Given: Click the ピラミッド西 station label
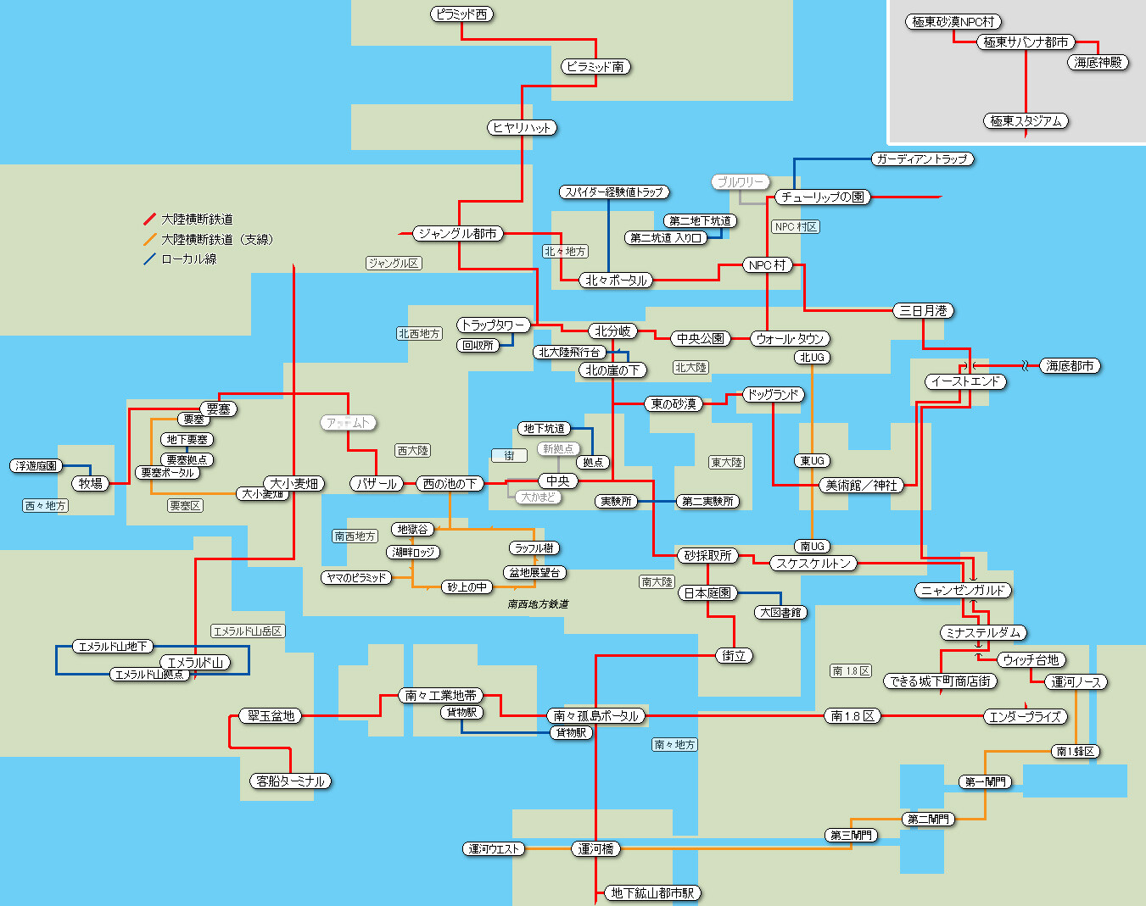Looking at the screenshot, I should coord(461,14).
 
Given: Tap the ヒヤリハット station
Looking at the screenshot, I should coord(523,127).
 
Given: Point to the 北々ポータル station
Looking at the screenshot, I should coord(616,280).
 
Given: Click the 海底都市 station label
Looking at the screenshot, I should coord(1071,366).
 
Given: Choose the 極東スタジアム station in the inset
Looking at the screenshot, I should coord(1026,121).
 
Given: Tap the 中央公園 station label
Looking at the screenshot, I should coord(701,338).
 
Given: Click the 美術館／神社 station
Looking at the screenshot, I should coord(862,485).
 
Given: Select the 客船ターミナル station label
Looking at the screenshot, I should coord(291,781).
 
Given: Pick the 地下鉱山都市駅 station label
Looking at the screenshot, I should coord(652,892).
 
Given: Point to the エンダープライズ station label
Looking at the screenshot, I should coord(1025,716).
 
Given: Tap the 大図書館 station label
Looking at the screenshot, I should coord(780,612).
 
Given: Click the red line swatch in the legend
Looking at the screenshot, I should coord(150,220).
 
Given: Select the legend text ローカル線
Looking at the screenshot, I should coord(189,259).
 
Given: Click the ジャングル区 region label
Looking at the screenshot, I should coord(394,264).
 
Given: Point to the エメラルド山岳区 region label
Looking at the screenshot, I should coord(248,631).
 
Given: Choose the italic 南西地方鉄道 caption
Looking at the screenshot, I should coord(538,604).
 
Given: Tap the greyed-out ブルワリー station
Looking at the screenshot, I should coord(741,182).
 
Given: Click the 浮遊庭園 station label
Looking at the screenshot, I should coord(36,466).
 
